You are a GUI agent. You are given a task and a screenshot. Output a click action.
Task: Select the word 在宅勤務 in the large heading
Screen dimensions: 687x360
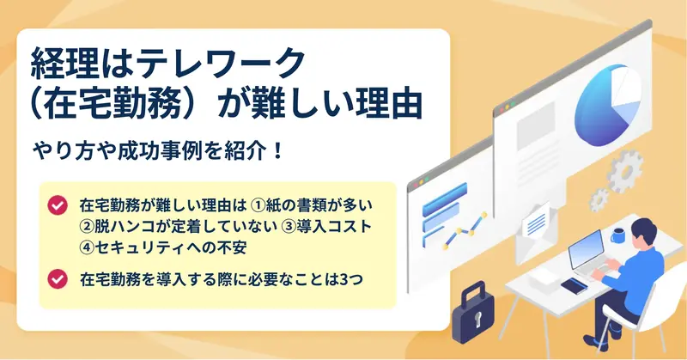[x=114, y=104]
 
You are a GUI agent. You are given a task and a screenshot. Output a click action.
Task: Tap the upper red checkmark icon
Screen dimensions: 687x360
[x=58, y=204]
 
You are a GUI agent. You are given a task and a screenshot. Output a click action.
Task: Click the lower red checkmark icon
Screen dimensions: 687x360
[x=58, y=279]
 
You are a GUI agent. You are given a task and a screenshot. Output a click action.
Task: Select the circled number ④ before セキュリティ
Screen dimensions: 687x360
[x=87, y=247]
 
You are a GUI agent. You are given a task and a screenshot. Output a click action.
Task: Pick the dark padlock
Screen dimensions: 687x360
[x=474, y=313]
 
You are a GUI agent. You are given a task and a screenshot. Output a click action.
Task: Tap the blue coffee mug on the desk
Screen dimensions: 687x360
[x=618, y=235]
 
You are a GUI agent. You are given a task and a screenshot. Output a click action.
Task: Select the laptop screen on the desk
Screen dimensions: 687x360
[x=586, y=249]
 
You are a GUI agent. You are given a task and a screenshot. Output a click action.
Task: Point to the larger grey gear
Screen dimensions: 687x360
[x=625, y=171]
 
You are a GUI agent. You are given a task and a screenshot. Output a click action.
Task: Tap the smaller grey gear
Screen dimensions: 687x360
[x=599, y=199]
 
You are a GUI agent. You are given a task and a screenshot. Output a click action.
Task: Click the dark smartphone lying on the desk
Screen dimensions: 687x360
[x=574, y=286]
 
